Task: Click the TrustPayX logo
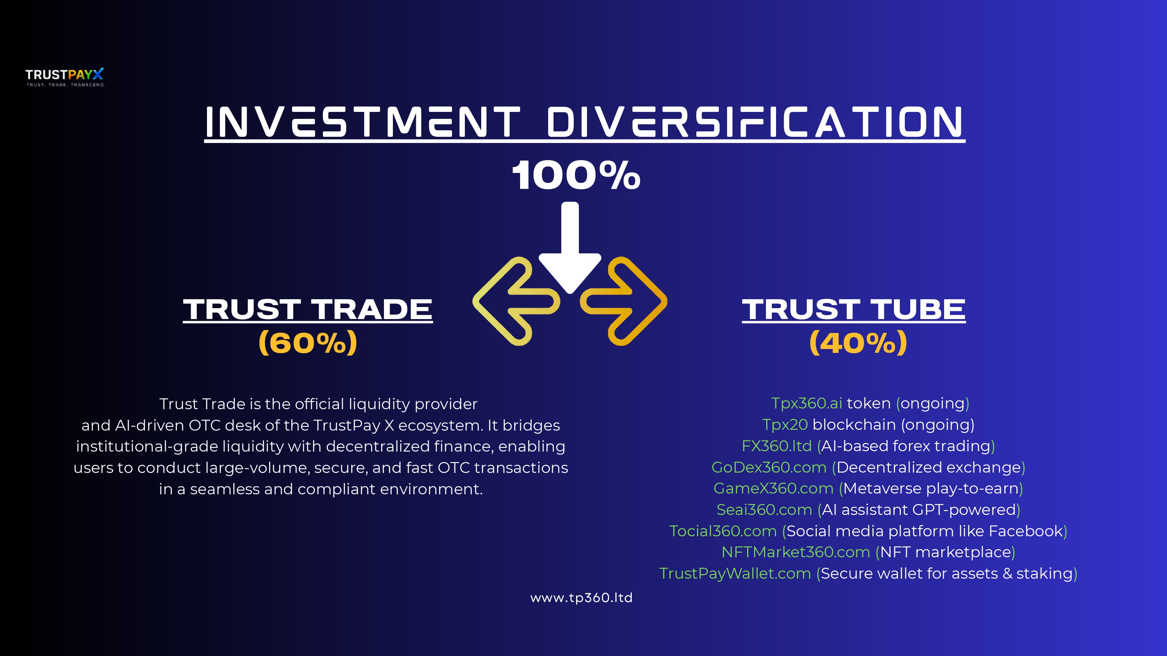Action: (x=65, y=77)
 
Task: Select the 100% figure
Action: (x=576, y=175)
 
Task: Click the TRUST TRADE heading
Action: (x=308, y=309)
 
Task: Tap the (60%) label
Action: (x=308, y=343)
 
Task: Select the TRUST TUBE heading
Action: (x=853, y=309)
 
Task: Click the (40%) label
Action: (x=858, y=343)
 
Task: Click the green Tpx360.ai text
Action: (x=806, y=403)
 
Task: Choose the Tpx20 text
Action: (x=785, y=425)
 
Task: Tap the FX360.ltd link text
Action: (x=776, y=446)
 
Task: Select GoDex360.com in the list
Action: (x=769, y=467)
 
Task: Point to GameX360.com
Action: (x=773, y=489)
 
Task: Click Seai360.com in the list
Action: (x=764, y=510)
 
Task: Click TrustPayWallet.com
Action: (x=735, y=574)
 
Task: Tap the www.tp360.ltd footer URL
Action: (x=581, y=598)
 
